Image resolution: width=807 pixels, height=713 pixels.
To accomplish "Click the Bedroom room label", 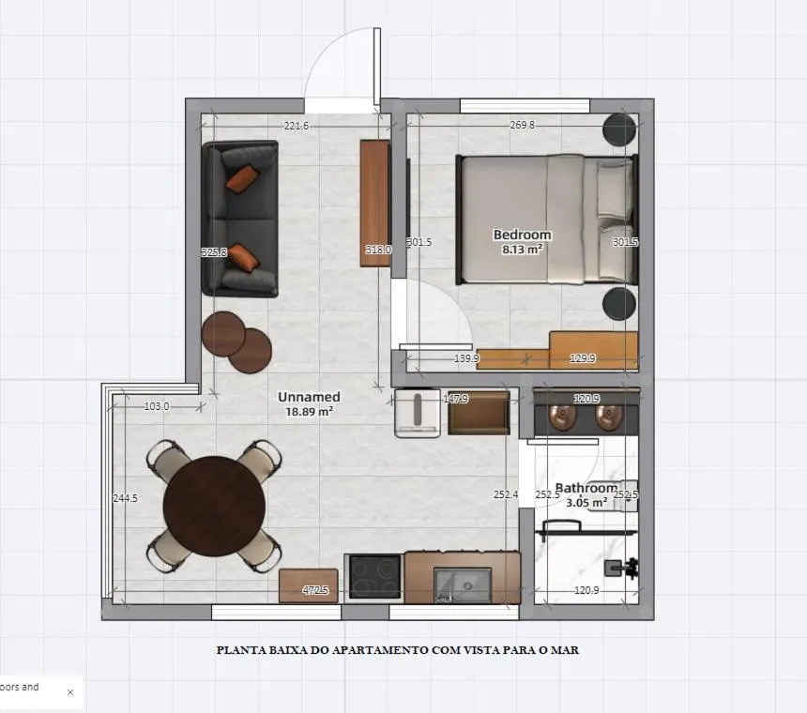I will pyautogui.click(x=522, y=235).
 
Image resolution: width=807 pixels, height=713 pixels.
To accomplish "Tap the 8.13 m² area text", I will pyautogui.click(x=522, y=250).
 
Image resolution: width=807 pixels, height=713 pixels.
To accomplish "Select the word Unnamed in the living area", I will pyautogui.click(x=309, y=397).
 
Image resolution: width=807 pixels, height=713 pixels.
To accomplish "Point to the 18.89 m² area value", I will pyautogui.click(x=309, y=411).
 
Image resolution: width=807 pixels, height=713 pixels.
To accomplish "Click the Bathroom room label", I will pyautogui.click(x=586, y=488).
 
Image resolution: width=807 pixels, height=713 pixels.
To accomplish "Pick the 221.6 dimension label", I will pyautogui.click(x=297, y=126).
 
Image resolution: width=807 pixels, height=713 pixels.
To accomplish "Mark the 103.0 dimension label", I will pyautogui.click(x=157, y=406).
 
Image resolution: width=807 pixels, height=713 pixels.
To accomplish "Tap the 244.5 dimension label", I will pyautogui.click(x=125, y=498).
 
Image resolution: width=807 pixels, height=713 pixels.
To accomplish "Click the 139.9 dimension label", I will pyautogui.click(x=466, y=358).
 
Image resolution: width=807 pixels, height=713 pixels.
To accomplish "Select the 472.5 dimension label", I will pyautogui.click(x=315, y=590).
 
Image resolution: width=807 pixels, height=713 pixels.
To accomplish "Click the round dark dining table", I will pyautogui.click(x=214, y=507).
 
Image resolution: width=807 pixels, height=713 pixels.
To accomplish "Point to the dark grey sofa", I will pyautogui.click(x=240, y=219).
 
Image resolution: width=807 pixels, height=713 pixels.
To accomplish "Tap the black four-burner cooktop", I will pyautogui.click(x=374, y=577).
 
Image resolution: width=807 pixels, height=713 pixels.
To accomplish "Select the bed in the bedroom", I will pyautogui.click(x=544, y=219).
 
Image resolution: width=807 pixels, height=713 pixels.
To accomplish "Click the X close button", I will pyautogui.click(x=70, y=692).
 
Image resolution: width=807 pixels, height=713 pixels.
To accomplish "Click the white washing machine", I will pyautogui.click(x=417, y=413).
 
